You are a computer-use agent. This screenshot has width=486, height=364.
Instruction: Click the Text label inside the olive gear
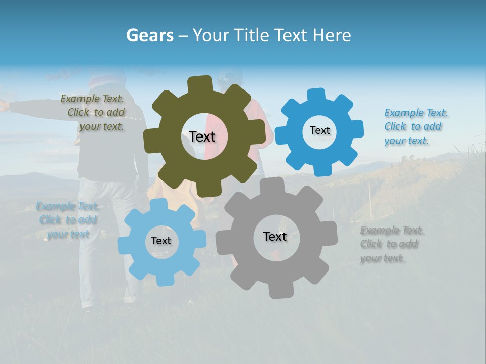pos(202,136)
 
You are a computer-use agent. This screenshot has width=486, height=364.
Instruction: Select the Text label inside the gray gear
pos(274,236)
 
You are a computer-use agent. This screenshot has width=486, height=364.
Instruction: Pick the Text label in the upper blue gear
pos(319,130)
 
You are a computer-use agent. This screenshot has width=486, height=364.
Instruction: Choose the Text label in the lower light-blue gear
pos(160,241)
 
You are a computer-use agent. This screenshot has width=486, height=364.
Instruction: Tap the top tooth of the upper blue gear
pos(316,95)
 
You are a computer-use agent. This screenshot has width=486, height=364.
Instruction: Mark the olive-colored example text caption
pos(93,112)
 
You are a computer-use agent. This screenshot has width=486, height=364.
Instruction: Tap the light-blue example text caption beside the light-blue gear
pos(67,220)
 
